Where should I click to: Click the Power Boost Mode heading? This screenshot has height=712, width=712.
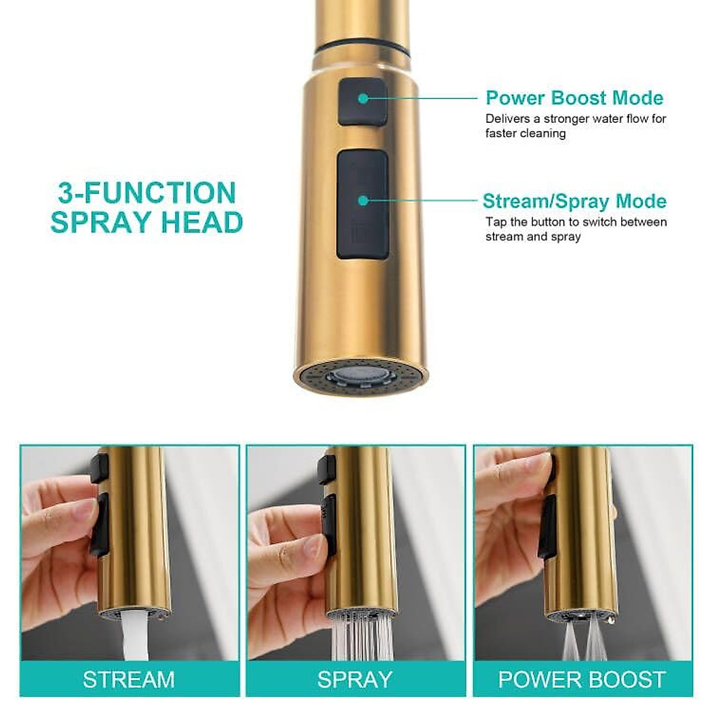tap(574, 98)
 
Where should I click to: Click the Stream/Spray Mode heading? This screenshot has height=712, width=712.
tap(574, 201)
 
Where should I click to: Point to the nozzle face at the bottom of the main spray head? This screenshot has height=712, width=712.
tap(361, 376)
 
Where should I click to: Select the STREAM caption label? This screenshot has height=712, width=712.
tap(129, 679)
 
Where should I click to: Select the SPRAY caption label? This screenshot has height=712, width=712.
tap(355, 679)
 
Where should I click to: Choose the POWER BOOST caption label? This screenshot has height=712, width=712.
tap(582, 679)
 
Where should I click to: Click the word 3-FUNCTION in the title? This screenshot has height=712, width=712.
tap(147, 193)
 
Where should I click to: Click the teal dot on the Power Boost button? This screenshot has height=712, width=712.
tap(363, 98)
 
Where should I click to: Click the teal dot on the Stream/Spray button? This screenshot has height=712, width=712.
tap(363, 201)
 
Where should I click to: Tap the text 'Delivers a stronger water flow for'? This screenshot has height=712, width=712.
tap(576, 119)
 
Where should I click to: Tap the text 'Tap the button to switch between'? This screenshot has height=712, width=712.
tap(576, 222)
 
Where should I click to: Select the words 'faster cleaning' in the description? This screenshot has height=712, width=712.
tap(525, 133)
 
